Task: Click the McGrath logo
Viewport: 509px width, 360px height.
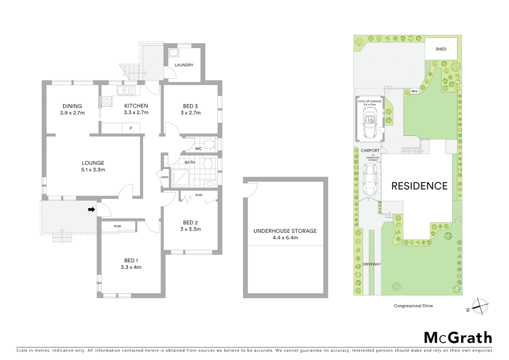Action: point(458,338)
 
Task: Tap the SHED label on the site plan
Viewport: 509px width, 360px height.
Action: point(441,49)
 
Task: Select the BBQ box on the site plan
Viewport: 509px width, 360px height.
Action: point(414,91)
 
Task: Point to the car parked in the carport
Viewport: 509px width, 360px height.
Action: point(370,180)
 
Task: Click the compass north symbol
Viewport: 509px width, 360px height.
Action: point(480,306)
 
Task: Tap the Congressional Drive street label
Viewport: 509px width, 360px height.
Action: point(413,306)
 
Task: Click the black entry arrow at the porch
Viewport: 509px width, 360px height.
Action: point(91,209)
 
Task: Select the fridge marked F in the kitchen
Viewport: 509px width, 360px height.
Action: point(131,128)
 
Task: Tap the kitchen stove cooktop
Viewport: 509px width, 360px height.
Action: point(107,101)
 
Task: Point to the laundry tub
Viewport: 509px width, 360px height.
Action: point(174,53)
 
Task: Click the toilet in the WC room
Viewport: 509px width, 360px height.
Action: point(209,144)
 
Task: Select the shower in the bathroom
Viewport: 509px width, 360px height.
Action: point(180,179)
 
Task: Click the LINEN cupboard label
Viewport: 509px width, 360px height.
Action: point(164,177)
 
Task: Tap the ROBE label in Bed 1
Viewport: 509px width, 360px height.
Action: point(118,226)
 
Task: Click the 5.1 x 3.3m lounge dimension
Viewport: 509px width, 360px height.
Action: point(93,170)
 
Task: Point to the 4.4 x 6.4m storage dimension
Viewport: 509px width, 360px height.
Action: point(285,238)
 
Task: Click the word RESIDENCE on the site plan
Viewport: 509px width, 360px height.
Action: point(419,186)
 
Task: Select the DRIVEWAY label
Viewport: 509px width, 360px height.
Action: point(371,264)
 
